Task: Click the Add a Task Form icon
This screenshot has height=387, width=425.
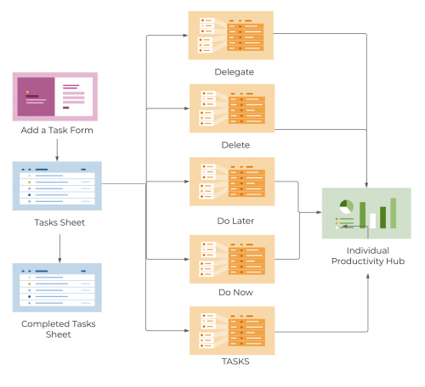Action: [55, 97]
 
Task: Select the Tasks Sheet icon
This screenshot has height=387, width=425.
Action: [57, 186]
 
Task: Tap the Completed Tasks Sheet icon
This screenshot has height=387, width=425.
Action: [57, 288]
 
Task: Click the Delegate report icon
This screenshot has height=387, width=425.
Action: [230, 36]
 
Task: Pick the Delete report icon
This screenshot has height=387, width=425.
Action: [230, 109]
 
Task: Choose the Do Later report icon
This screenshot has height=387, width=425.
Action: [230, 182]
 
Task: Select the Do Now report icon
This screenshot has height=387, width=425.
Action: [230, 257]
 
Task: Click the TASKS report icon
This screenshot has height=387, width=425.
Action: [230, 330]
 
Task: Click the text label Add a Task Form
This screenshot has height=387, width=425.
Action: [57, 131]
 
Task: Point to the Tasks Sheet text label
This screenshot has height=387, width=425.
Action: [59, 223]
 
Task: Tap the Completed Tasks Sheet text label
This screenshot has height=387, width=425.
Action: [59, 329]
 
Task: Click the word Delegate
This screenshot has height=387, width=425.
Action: [235, 72]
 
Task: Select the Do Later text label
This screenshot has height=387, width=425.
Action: [235, 221]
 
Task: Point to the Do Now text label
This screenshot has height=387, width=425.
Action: [235, 293]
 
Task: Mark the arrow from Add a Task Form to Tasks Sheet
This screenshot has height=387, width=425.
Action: [57, 149]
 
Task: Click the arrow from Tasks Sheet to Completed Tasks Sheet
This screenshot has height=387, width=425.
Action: [59, 248]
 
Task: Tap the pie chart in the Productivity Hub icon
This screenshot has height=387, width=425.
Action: [346, 206]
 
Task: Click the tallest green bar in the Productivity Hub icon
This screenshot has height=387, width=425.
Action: [393, 213]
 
